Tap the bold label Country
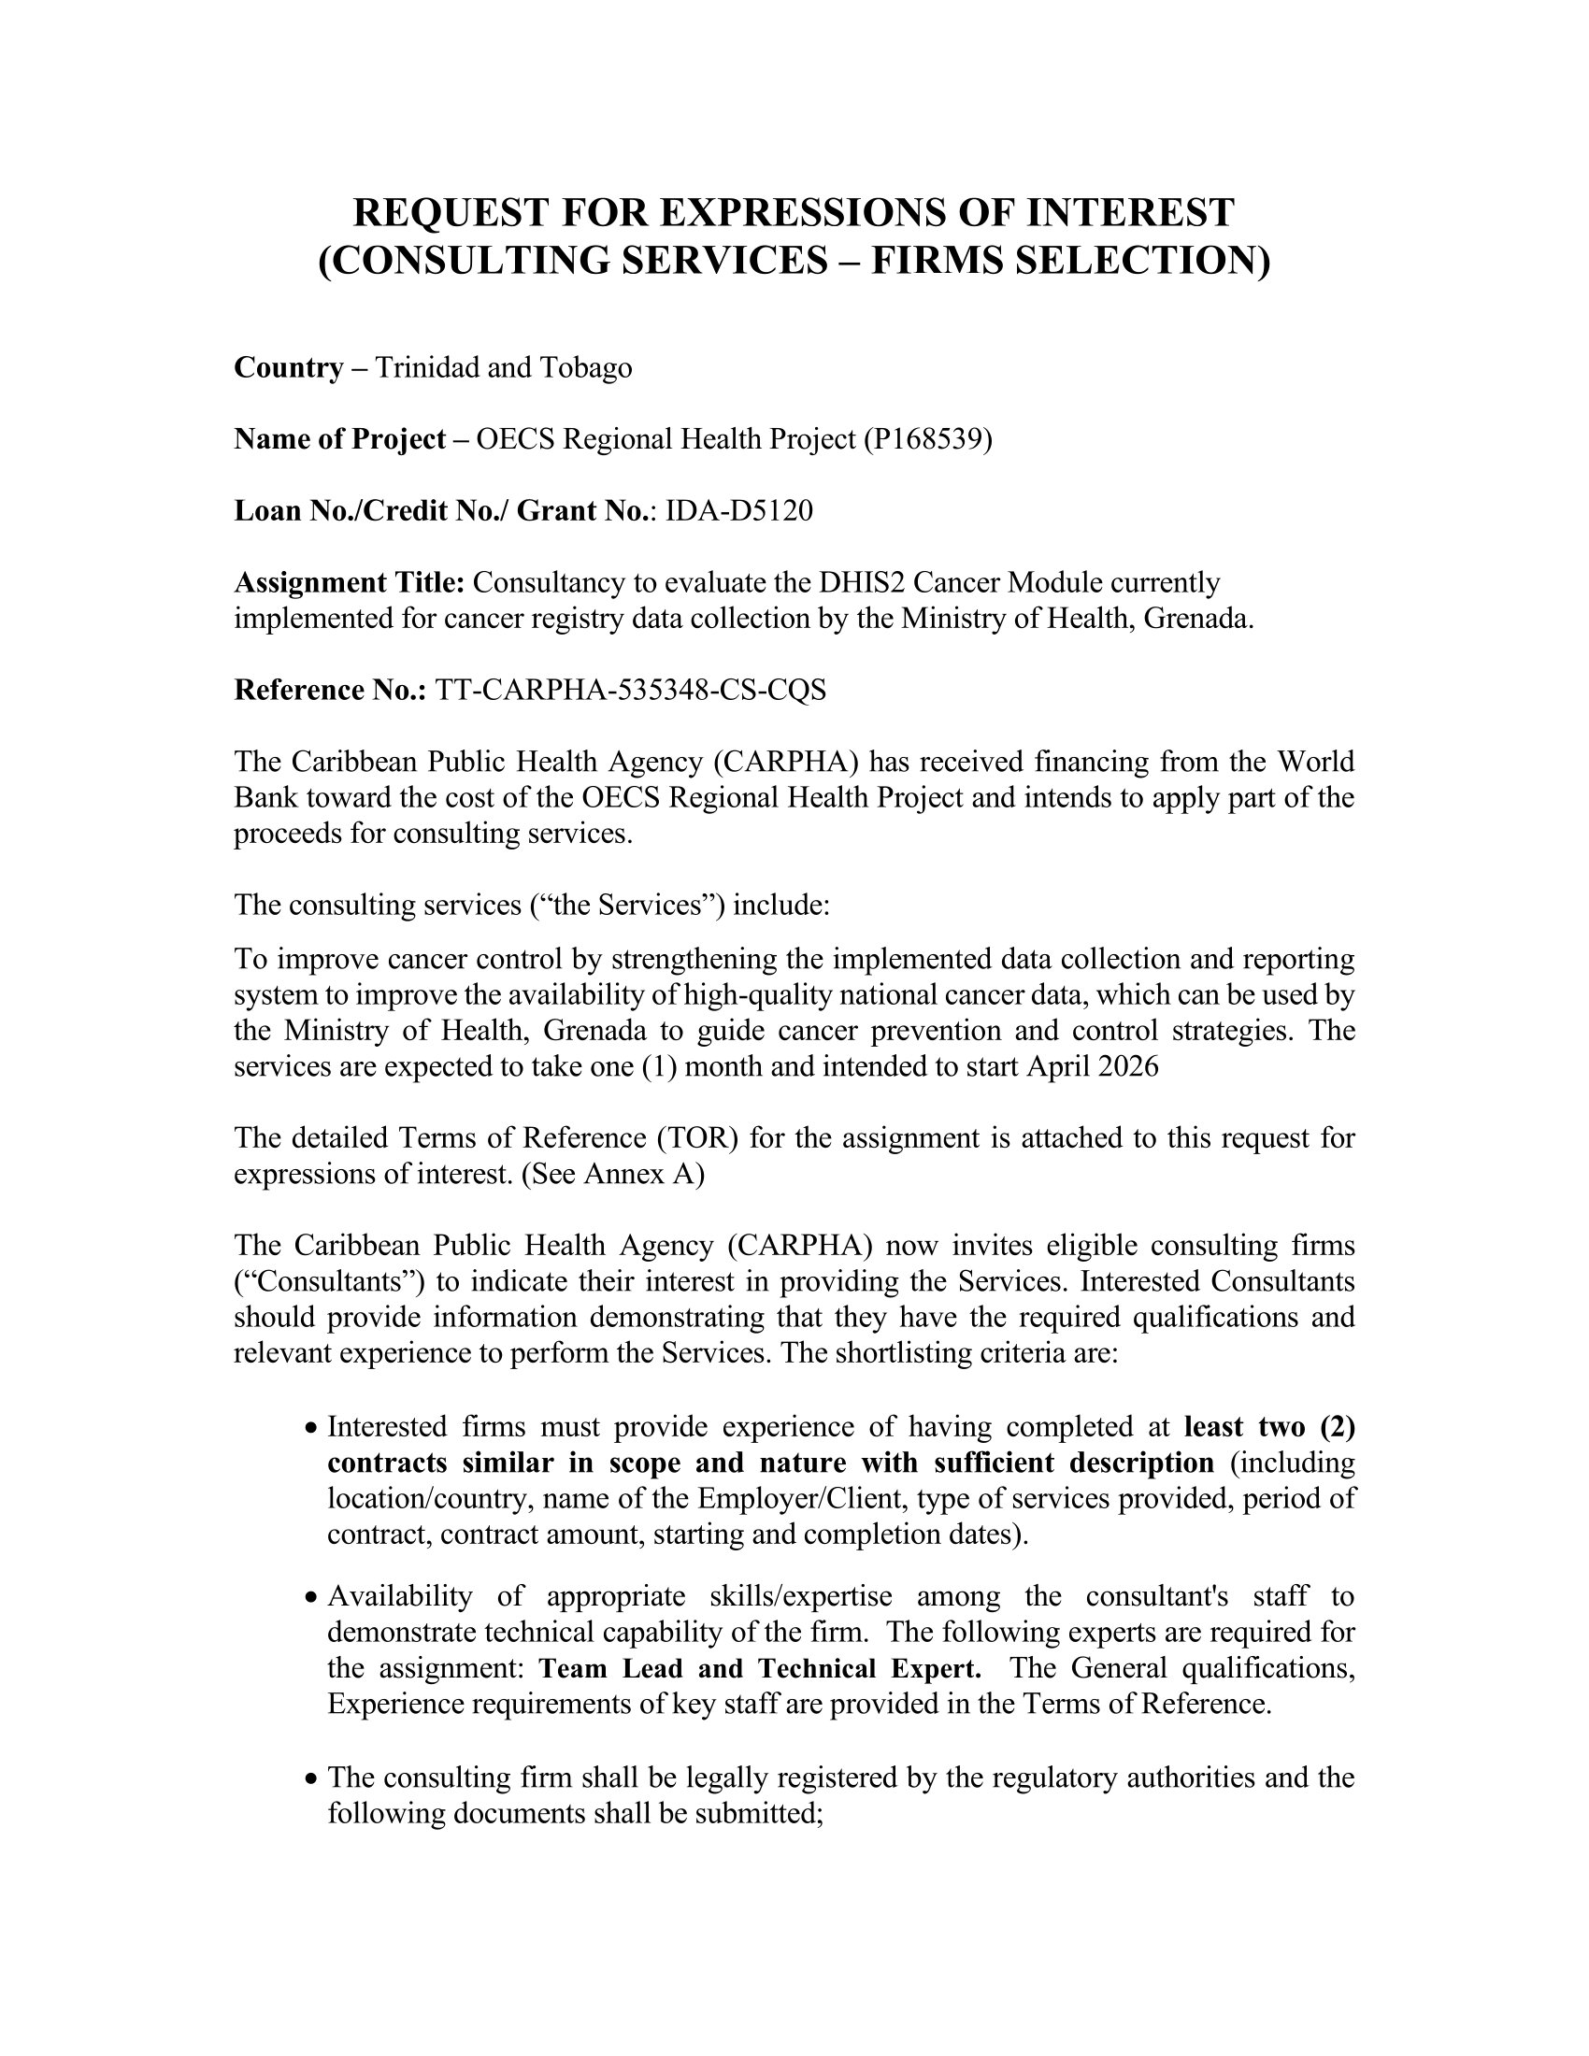pos(288,367)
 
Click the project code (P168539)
pos(927,439)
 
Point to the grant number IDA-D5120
pos(739,511)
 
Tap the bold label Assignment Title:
pos(350,584)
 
